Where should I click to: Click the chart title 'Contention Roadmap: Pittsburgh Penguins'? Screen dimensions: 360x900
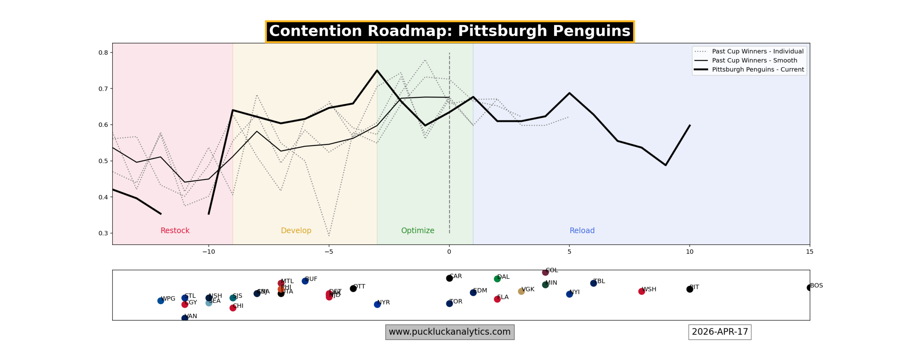click(449, 31)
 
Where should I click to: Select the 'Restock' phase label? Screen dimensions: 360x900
click(175, 231)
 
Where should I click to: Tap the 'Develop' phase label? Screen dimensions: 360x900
click(296, 231)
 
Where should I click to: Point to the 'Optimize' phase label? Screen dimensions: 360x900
click(417, 231)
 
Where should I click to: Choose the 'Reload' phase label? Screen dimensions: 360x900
click(582, 231)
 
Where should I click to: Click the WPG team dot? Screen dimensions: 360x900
click(161, 301)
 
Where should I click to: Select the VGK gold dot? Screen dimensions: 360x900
click(521, 291)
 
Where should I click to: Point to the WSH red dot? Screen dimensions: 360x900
click(641, 291)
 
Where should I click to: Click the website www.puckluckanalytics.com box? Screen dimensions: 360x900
click(449, 332)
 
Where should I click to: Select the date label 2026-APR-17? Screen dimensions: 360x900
click(719, 332)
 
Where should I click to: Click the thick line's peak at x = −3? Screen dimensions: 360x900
click(377, 71)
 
